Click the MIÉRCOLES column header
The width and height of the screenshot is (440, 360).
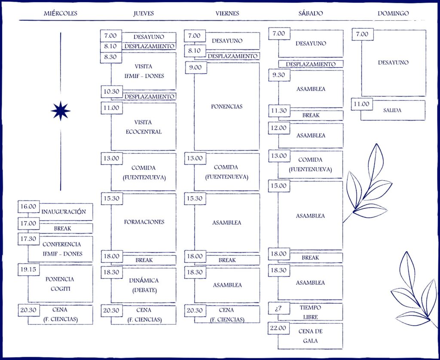coord(61,13)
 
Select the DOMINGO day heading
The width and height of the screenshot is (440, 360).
coord(393,13)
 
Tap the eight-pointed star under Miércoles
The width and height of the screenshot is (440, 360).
coord(61,111)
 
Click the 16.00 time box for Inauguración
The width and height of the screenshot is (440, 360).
coord(28,206)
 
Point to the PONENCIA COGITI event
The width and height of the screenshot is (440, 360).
coord(60,284)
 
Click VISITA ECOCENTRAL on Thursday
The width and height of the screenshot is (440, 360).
coord(144,127)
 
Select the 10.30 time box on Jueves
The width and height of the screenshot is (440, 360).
coord(111,91)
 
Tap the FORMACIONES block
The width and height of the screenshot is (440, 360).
coord(144,222)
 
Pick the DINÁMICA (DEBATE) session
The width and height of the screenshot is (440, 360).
coord(144,285)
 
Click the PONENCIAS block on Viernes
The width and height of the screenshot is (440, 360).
coord(227,106)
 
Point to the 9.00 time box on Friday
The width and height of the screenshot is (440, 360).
coord(195,68)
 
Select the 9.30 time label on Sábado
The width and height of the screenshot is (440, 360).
coord(279,75)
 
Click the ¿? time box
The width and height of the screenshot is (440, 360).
coord(278,308)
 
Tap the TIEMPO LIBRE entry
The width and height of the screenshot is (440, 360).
coord(310,312)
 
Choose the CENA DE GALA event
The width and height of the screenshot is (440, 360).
coord(310,336)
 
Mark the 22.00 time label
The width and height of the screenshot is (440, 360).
coord(278,328)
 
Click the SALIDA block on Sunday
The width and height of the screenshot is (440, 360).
coord(392,111)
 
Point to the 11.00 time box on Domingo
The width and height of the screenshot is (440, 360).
coord(362,104)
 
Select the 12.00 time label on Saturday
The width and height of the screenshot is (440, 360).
coord(279,128)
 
